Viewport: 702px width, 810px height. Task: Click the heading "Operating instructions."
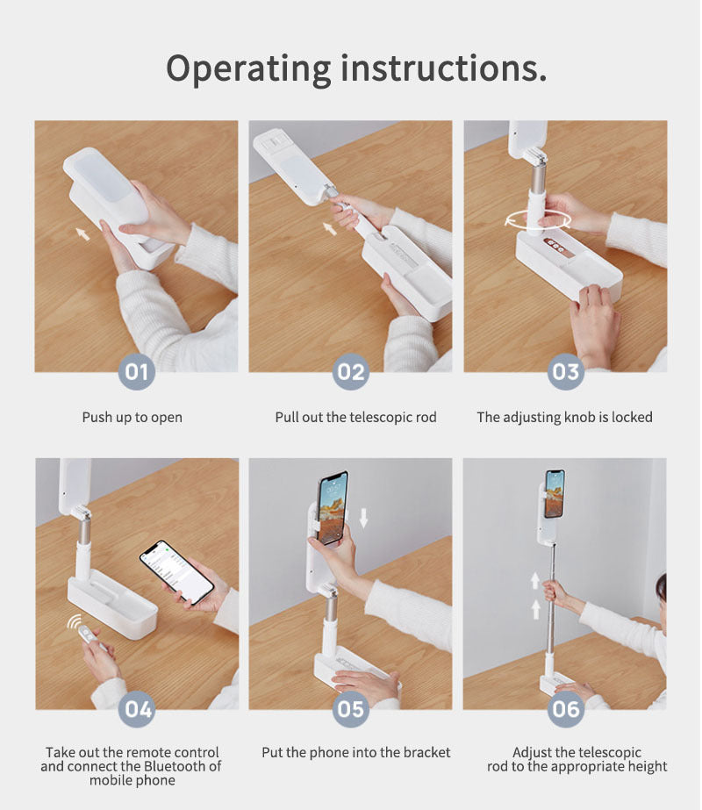[356, 68]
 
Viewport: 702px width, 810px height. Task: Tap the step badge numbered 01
[136, 371]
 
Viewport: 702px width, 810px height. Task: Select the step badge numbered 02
[350, 371]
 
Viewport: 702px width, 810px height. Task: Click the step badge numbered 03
[565, 371]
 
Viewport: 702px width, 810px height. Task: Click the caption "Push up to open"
[133, 417]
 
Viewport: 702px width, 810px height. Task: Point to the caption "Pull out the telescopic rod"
[355, 417]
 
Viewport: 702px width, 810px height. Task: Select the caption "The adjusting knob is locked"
[564, 417]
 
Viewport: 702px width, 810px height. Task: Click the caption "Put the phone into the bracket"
[355, 752]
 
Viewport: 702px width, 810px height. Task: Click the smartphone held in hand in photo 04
[176, 571]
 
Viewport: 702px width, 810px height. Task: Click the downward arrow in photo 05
[363, 518]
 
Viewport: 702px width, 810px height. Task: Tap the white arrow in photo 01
[82, 233]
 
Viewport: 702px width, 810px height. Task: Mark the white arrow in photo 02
[330, 229]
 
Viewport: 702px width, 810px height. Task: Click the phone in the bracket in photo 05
[333, 508]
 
